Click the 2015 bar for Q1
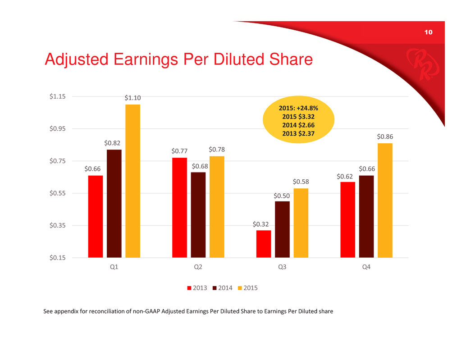[x=133, y=181]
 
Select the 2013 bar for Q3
[x=264, y=244]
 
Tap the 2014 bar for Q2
[x=198, y=214]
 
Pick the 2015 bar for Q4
[x=385, y=200]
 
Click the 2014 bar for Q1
[x=114, y=203]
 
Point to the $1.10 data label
[x=132, y=97]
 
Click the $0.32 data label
[x=260, y=223]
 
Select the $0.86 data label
[x=385, y=136]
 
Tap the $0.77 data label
[x=179, y=151]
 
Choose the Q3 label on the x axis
[x=282, y=267]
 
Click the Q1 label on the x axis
[x=114, y=267]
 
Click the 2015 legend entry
[x=248, y=288]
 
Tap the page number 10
[x=428, y=32]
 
